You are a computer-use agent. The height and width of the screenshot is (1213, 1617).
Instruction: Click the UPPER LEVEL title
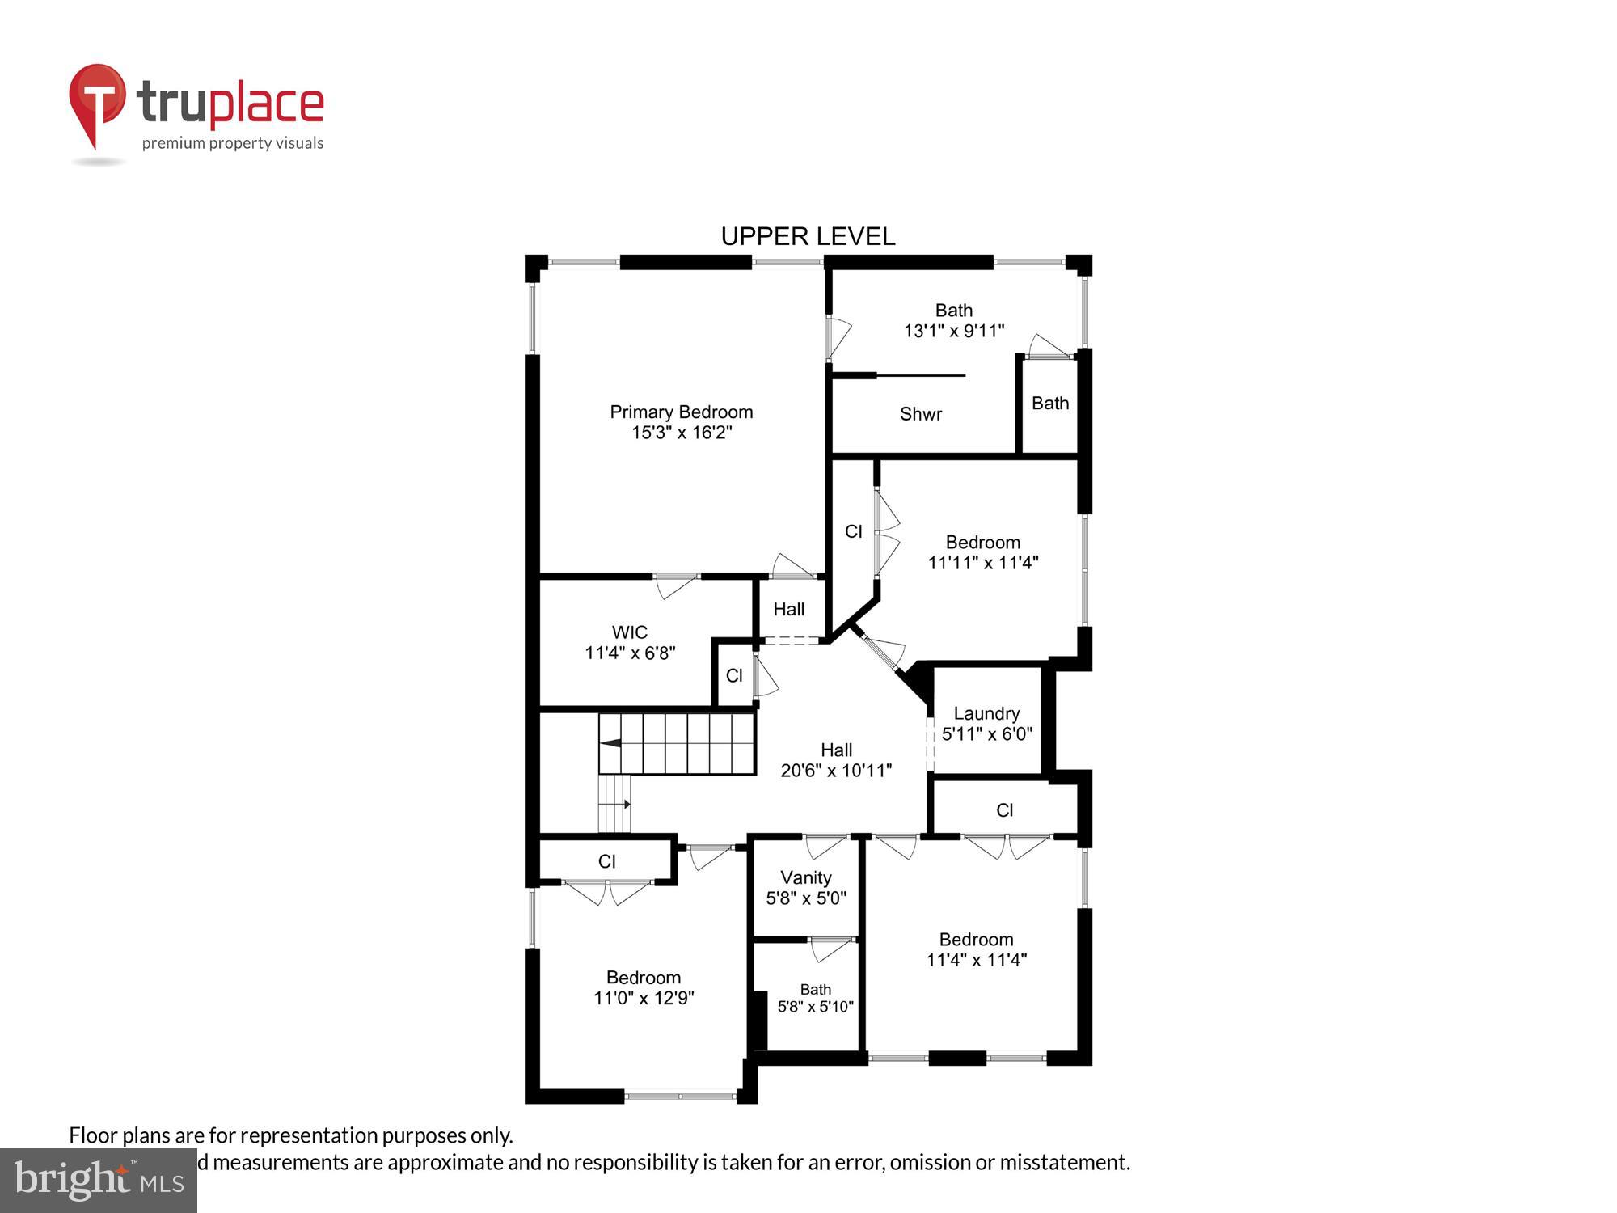808,236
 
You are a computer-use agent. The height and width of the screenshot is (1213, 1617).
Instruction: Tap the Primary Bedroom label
681,412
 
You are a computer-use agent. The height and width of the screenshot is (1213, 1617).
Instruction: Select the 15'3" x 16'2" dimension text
681,433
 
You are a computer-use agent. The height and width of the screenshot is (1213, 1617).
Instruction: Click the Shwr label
921,414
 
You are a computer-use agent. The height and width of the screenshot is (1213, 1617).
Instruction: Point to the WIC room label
629,632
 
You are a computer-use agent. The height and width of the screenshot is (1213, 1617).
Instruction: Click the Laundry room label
986,713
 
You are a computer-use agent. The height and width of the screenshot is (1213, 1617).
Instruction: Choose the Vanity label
805,877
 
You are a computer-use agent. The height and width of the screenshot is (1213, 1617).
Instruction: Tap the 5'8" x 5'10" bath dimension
815,1007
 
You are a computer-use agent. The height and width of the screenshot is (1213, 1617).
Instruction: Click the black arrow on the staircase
610,743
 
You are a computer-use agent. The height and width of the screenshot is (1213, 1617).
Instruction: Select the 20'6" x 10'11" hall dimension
836,771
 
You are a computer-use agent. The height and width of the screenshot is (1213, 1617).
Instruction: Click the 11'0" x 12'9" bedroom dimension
644,998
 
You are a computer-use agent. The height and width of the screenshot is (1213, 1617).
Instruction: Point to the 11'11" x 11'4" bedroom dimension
982,563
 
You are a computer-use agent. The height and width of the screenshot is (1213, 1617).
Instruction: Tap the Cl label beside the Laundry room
1004,810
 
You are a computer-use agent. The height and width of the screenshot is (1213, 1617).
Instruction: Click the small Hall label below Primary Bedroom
788,609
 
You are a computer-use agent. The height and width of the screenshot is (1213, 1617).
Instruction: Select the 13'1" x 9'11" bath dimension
953,331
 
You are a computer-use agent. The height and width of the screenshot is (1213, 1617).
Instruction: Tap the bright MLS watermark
99,1181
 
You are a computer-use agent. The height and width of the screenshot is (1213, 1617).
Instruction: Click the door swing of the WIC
676,585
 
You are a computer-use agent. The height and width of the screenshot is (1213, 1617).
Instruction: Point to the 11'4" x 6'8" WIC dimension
629,653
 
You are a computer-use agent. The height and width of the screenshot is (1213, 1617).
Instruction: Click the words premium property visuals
233,144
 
